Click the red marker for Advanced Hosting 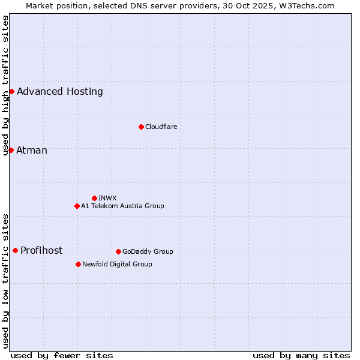point(11,91)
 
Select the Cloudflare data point point(141,127)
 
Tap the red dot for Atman point(11,150)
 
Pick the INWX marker point(94,198)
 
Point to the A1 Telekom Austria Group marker point(77,206)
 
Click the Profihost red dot point(15,250)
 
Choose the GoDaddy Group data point point(118,251)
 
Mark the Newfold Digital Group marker point(78,264)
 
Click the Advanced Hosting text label point(60,92)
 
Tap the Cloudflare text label point(161,127)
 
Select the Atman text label point(32,150)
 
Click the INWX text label point(107,198)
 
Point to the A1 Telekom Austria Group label point(122,206)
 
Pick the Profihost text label point(41,251)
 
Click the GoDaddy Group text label point(148,251)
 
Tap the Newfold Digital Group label point(117,264)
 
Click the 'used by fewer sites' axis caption point(62,355)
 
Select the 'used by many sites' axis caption point(301,355)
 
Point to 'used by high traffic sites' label point(5,85)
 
